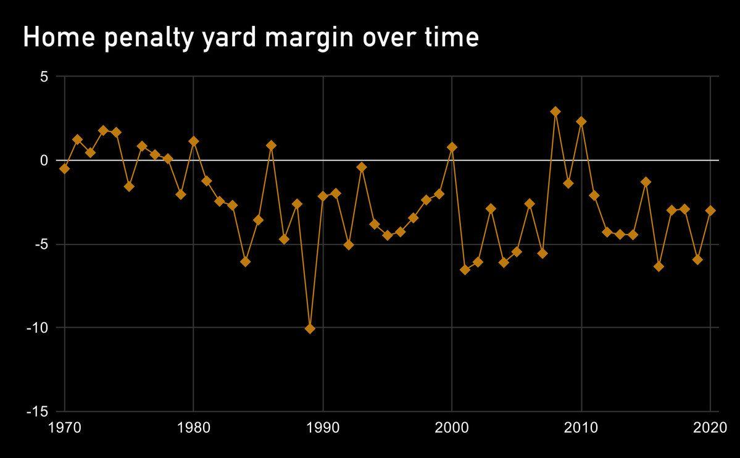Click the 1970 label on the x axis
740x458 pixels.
[64, 427]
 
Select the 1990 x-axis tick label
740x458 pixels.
[323, 427]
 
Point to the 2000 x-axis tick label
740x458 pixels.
[452, 427]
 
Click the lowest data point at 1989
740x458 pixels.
[310, 329]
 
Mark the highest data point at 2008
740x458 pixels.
[555, 112]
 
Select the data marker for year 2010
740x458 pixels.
[581, 122]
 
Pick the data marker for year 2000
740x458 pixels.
[452, 148]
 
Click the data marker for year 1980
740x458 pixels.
[193, 141]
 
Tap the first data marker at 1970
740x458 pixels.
[64, 169]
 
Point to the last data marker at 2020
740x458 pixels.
[710, 210]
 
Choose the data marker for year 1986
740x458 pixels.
[271, 146]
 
